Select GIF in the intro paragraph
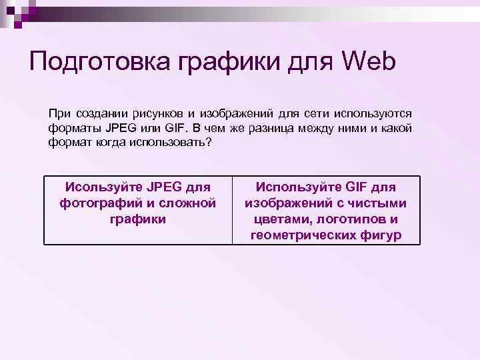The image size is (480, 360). (x=183, y=129)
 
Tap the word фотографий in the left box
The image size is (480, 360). (x=97, y=202)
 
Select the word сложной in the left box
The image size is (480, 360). (x=189, y=202)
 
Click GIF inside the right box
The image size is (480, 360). (x=355, y=186)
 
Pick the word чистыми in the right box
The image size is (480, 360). (x=380, y=202)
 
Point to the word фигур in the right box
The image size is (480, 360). (x=382, y=235)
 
